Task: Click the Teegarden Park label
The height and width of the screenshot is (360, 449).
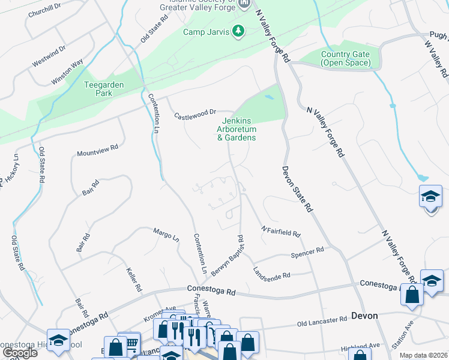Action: point(104,89)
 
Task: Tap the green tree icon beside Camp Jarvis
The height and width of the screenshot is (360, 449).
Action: point(238,31)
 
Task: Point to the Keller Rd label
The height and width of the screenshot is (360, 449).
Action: point(134,279)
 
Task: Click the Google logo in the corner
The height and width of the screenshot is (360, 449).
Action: point(20,353)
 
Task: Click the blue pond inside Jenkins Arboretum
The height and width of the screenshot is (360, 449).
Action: point(270,96)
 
